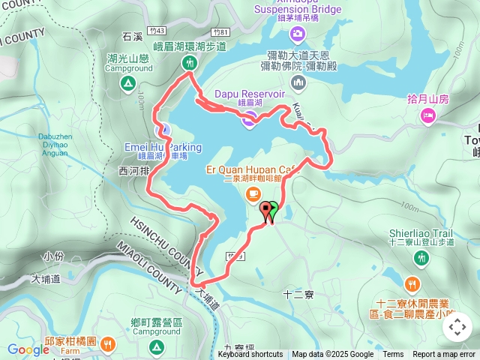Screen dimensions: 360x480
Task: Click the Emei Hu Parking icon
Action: tap(167, 129)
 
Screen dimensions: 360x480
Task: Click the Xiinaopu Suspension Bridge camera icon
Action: tap(298, 33)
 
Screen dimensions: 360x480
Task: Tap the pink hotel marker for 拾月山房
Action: tap(428, 115)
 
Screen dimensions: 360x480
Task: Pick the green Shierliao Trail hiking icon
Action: tap(421, 257)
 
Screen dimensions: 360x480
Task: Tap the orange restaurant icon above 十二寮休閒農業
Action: tap(411, 284)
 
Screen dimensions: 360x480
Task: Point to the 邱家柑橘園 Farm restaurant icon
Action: tap(108, 344)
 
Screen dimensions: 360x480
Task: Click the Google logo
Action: tap(28, 349)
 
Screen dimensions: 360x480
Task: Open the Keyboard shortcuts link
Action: tap(250, 355)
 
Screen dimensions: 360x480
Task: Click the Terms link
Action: tap(393, 355)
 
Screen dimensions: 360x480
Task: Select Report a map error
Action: tap(444, 355)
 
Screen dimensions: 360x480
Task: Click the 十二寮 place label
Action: tap(299, 295)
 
